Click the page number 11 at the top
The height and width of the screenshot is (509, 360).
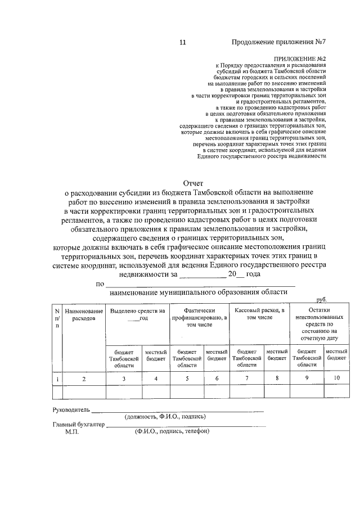tap(182, 43)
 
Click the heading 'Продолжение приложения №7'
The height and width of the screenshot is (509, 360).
tap(279, 43)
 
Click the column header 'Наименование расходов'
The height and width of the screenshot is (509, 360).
tap(84, 314)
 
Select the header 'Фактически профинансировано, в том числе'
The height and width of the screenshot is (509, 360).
tap(199, 318)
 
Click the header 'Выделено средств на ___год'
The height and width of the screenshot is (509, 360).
tap(137, 314)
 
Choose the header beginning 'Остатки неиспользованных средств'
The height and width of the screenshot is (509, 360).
tap(318, 325)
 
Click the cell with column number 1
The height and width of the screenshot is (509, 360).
tap(57, 379)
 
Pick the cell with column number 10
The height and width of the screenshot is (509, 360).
tap(336, 378)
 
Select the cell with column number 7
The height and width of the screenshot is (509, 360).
tap(246, 378)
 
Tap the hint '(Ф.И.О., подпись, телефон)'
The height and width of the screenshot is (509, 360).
tap(172, 431)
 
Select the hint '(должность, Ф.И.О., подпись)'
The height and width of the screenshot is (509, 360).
tap(165, 417)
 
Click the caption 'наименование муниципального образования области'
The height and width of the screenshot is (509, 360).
tap(198, 292)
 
